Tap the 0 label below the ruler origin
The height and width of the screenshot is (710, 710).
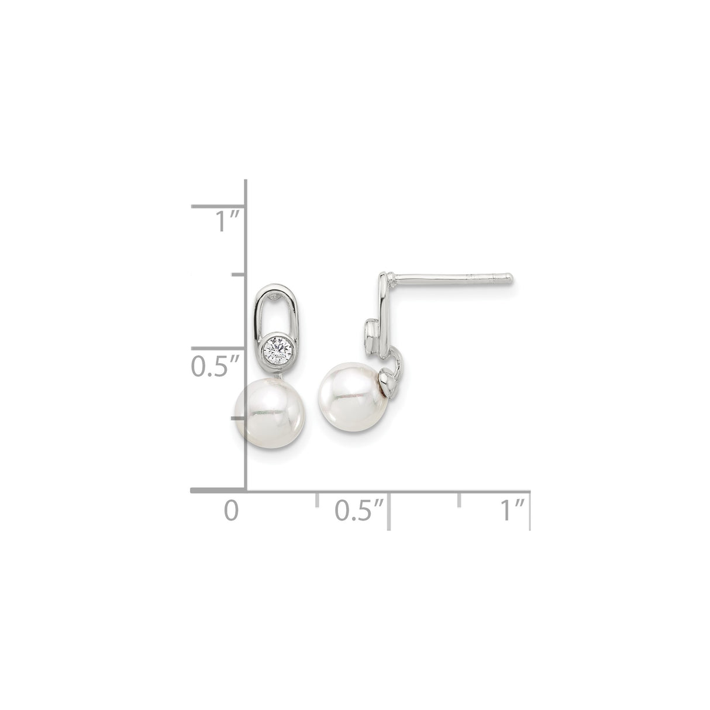coord(232,510)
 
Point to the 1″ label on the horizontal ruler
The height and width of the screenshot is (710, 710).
coord(511,510)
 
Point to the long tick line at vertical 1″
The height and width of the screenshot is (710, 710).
coord(218,206)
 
